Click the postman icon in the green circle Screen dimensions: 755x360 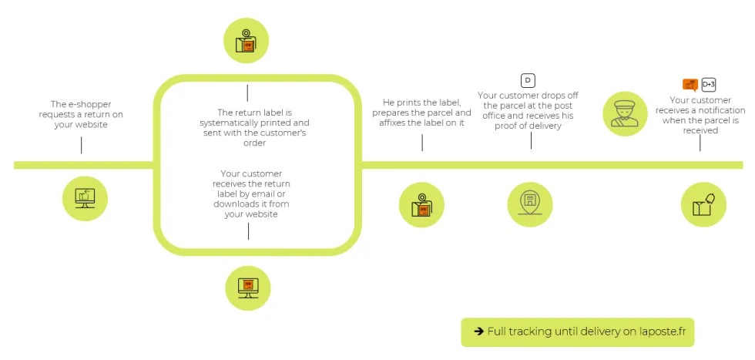point(625,114)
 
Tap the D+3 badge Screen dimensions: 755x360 point(708,84)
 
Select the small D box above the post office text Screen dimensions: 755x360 point(528,80)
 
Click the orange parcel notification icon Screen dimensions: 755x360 point(690,85)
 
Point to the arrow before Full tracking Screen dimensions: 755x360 point(478,331)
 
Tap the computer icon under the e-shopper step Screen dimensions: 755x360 point(86,198)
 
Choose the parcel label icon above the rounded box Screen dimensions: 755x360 point(246,41)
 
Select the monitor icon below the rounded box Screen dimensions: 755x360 point(248,288)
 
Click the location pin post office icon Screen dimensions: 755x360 point(530,204)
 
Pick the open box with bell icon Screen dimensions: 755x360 point(703,204)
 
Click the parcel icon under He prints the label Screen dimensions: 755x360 point(421,205)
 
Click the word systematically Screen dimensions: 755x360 point(227,123)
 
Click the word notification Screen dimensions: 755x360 point(720,110)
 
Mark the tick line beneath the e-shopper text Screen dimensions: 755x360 point(82,145)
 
